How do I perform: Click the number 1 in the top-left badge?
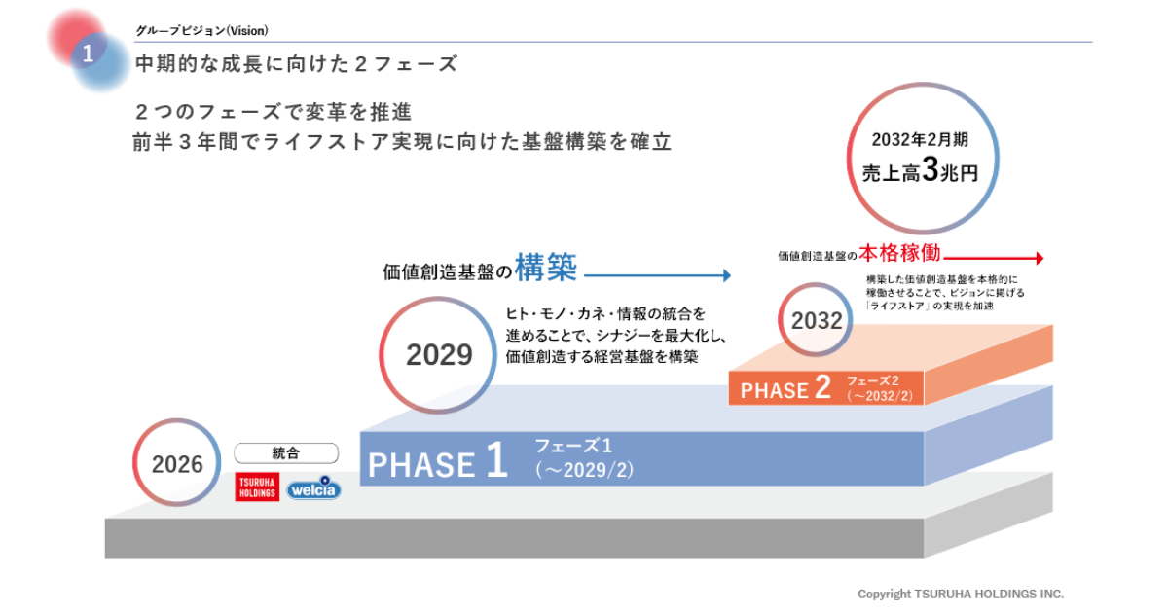pos(88,54)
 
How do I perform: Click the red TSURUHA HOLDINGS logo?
pos(257,487)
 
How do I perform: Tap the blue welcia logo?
pos(313,487)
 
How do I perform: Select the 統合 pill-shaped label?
pos(286,453)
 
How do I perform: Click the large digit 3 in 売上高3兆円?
pos(931,169)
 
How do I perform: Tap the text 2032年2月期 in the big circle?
pos(921,140)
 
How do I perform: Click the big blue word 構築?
pos(546,268)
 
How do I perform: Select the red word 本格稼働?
pos(900,253)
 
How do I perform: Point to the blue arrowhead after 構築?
pos(727,275)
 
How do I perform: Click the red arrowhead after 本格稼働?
pos(1040,258)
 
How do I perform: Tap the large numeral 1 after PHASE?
pos(496,459)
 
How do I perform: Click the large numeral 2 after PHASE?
pos(822,387)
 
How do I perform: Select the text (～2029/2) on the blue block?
pos(585,470)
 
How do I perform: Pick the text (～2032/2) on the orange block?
pos(880,396)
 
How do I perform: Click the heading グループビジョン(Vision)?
pos(201,31)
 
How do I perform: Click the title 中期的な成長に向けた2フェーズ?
pos(297,64)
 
